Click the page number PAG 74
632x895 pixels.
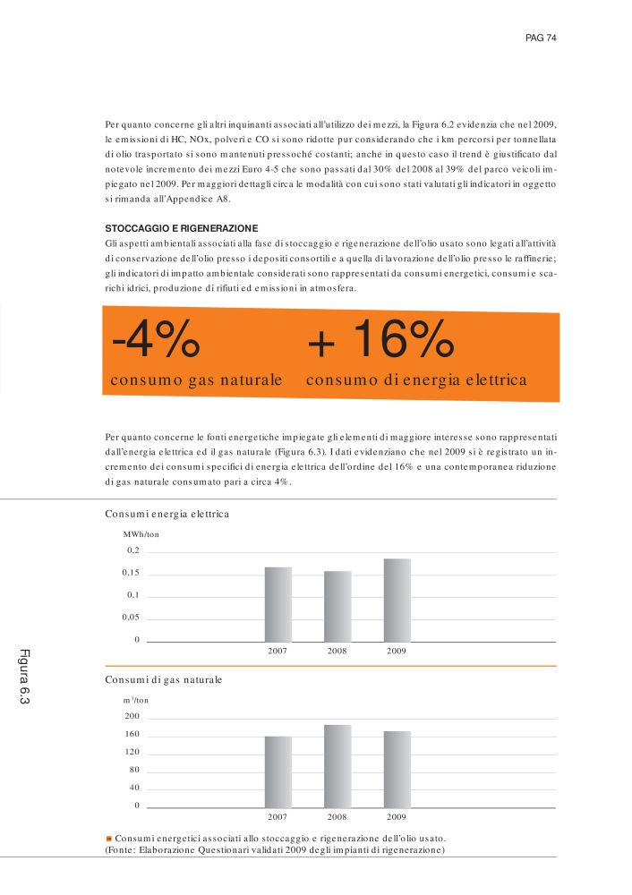click(x=542, y=38)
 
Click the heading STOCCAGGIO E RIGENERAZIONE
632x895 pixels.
click(x=182, y=228)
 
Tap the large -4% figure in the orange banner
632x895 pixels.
click(x=155, y=340)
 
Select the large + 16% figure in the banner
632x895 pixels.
click(x=380, y=340)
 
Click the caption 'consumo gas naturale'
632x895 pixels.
click(x=196, y=380)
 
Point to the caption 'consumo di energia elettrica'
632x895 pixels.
click(x=416, y=380)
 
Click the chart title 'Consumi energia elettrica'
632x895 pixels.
click(x=167, y=514)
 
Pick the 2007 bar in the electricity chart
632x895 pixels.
click(x=278, y=604)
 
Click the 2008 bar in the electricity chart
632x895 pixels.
click(x=337, y=606)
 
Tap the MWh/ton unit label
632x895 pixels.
click(x=141, y=533)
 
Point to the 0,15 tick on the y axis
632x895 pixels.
click(x=131, y=573)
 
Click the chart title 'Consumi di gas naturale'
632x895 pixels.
click(x=164, y=680)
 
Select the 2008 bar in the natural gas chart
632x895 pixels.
click(x=337, y=766)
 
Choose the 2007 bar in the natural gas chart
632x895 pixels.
click(x=278, y=772)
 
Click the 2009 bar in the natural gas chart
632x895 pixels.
click(x=397, y=770)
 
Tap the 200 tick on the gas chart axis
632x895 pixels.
click(x=132, y=717)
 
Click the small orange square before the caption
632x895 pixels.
click(x=108, y=839)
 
